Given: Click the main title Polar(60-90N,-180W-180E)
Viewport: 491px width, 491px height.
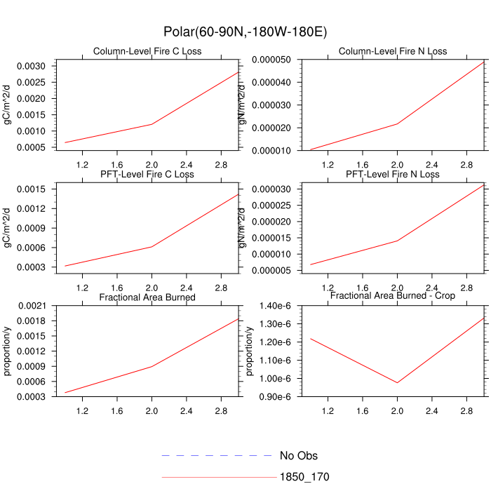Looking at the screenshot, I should [x=245, y=32].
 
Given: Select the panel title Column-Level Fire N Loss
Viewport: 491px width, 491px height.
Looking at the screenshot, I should [x=392, y=51].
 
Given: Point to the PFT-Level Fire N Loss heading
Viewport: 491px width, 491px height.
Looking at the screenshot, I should [x=392, y=174].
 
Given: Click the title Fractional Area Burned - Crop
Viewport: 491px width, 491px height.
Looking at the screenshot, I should [x=392, y=296].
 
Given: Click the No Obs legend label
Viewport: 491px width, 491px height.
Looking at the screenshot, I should [x=299, y=456].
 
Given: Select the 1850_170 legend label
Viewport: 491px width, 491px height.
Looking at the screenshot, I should [x=304, y=477].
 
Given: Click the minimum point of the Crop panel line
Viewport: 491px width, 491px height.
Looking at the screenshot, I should [x=397, y=382].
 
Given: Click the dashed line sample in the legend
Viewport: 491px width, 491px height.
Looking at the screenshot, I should [x=217, y=456].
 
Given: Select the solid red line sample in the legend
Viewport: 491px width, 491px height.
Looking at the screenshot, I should [x=217, y=477].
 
